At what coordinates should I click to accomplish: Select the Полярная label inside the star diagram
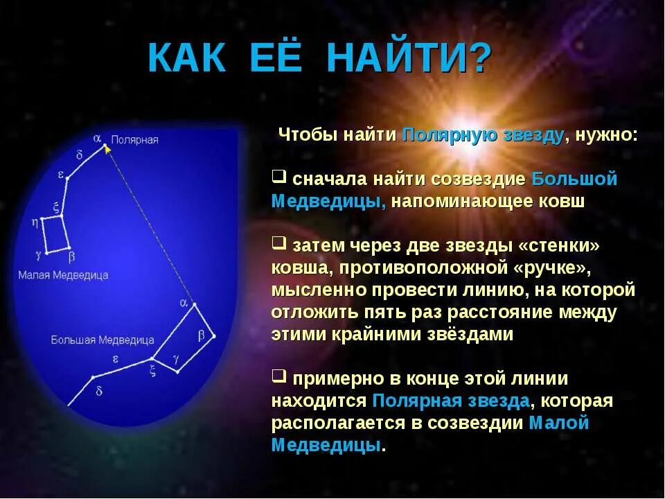[x=135, y=140]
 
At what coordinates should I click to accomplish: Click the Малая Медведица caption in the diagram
[x=63, y=275]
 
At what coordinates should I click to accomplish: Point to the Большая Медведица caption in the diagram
[x=102, y=340]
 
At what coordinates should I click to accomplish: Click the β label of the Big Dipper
[x=202, y=335]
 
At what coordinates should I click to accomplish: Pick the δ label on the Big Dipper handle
[x=99, y=391]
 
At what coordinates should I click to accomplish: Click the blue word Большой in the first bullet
[x=574, y=179]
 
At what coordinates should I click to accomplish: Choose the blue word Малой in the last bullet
[x=558, y=422]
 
